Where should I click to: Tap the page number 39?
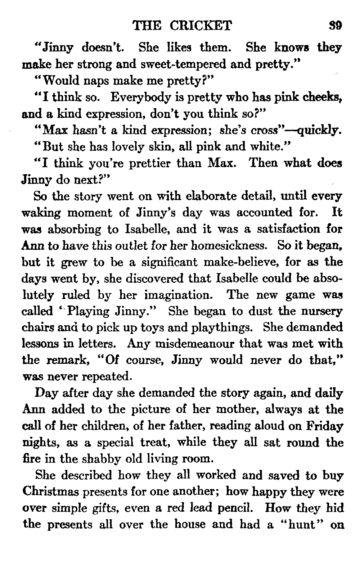335,26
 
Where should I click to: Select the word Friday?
325,426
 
